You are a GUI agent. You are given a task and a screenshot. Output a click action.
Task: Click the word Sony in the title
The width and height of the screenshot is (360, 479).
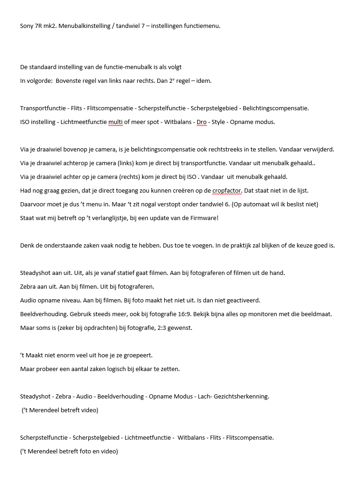click(x=27, y=26)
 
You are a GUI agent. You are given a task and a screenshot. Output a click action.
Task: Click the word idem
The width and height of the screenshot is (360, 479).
click(x=203, y=81)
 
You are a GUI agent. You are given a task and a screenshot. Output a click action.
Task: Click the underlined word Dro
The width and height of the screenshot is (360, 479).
click(x=201, y=122)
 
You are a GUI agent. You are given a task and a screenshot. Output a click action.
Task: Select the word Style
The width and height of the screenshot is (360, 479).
click(x=218, y=122)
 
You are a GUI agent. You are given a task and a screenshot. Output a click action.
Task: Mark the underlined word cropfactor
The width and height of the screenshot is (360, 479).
click(x=227, y=191)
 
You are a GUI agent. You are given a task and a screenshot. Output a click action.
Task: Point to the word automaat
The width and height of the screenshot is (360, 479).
click(x=269, y=205)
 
